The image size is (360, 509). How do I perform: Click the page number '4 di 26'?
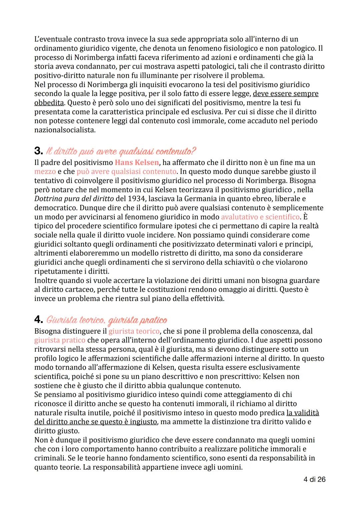(314, 479)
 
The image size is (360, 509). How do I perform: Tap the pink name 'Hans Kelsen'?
(137, 163)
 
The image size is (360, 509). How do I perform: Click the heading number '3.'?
(38, 151)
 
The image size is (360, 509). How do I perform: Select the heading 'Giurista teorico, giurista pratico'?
(107, 320)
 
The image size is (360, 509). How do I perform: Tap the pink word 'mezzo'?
(45, 172)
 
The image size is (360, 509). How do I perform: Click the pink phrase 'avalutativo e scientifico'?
(260, 217)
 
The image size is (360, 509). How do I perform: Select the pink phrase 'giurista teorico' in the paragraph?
(134, 331)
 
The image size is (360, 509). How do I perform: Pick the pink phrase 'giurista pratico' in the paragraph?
(60, 340)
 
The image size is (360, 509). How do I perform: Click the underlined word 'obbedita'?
(49, 103)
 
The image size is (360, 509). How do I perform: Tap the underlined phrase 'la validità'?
(302, 413)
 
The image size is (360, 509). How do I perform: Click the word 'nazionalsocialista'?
(64, 130)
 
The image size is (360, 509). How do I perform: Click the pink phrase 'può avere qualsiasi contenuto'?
(126, 172)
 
